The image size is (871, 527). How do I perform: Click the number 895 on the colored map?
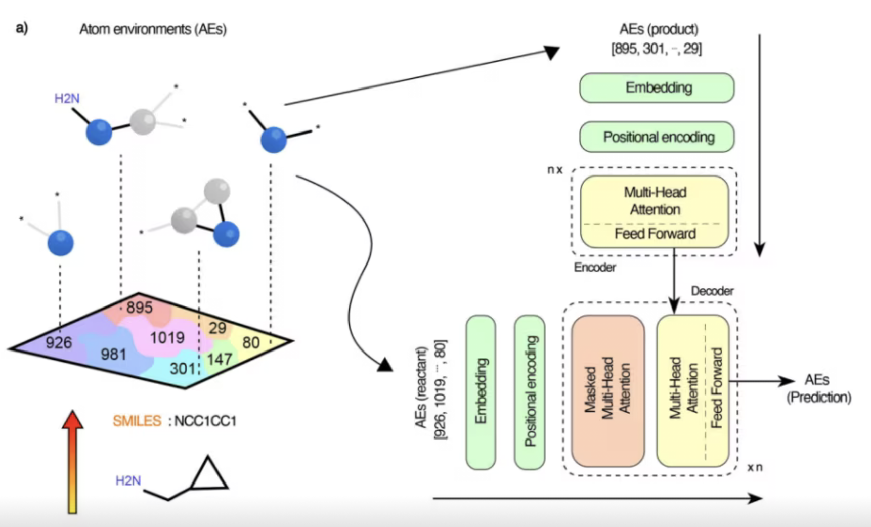140,307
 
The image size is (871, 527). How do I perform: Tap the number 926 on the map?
59,343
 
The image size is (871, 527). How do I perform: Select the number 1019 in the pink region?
167,337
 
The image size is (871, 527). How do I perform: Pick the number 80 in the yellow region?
251,343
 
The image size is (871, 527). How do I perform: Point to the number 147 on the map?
220,360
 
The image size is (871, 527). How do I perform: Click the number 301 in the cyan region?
182,368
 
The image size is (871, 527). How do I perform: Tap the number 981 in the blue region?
113,354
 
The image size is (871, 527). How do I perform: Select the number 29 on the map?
217,328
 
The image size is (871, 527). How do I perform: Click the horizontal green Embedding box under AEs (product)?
657,88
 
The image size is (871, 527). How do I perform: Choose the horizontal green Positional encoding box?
657,137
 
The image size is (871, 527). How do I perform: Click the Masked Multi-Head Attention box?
607,391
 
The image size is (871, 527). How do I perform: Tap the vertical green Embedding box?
481,392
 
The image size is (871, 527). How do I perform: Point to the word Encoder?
595,268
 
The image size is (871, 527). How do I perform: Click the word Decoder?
712,291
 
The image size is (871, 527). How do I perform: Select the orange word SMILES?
137,421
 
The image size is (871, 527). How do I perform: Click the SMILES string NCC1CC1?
205,421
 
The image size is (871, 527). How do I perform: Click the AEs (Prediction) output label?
818,388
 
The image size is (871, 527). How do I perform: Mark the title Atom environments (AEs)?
153,29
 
